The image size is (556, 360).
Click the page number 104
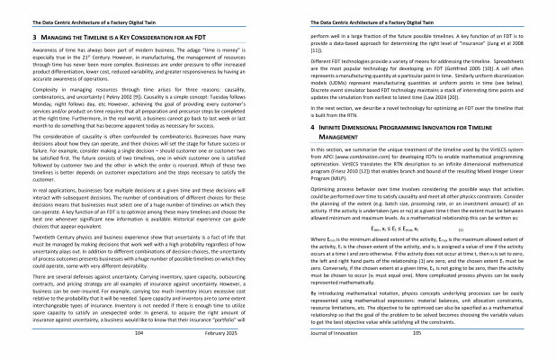coord(139,332)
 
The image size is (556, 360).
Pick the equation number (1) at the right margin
coord(512,229)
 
